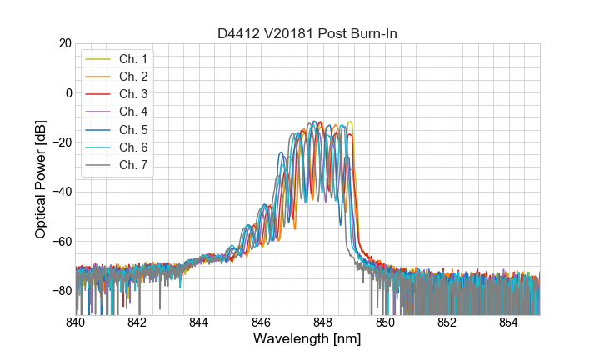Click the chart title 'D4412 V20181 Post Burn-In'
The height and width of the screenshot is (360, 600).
point(307,33)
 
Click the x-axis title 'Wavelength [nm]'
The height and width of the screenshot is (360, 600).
point(307,340)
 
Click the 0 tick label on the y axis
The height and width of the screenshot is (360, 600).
point(67,92)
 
